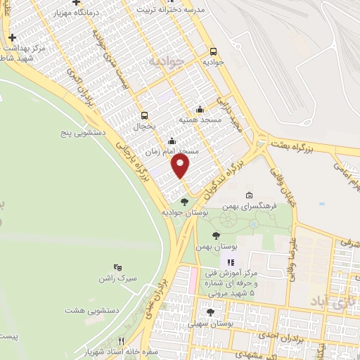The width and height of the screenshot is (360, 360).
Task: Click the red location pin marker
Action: (181, 167)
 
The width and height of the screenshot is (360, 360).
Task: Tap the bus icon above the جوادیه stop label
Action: (213, 51)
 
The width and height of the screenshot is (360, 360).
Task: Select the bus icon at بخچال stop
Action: (144, 115)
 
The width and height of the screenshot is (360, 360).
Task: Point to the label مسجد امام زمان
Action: (173, 151)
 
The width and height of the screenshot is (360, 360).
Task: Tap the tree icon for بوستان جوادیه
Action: (184, 202)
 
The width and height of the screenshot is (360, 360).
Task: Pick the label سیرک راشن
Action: (117, 278)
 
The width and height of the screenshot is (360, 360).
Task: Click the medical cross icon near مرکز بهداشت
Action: (12, 37)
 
